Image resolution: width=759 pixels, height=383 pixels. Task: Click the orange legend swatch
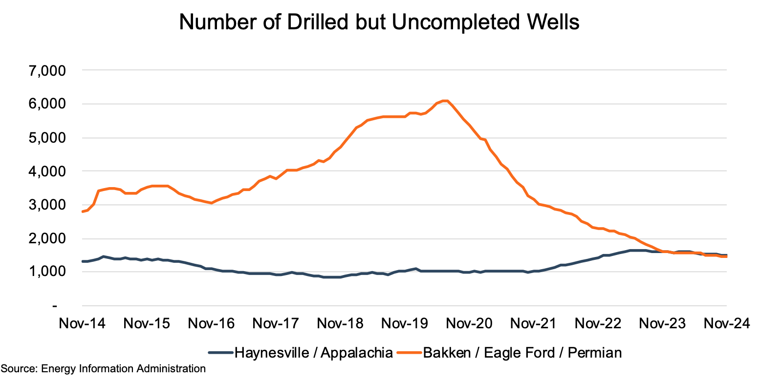coord(409,352)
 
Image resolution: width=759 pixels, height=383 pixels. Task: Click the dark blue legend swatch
coord(221,352)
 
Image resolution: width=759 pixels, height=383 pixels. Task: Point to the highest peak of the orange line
coord(445,101)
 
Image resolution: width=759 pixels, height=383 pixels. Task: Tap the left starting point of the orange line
coord(82,212)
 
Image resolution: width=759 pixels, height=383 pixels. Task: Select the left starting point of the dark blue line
coord(82,261)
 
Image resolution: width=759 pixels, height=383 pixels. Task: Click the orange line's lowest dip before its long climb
coord(211,203)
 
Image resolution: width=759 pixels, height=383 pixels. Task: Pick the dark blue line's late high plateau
coord(638,250)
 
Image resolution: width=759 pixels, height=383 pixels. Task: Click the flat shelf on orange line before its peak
coord(391,116)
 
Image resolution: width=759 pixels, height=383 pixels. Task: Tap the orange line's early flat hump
coord(159,186)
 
